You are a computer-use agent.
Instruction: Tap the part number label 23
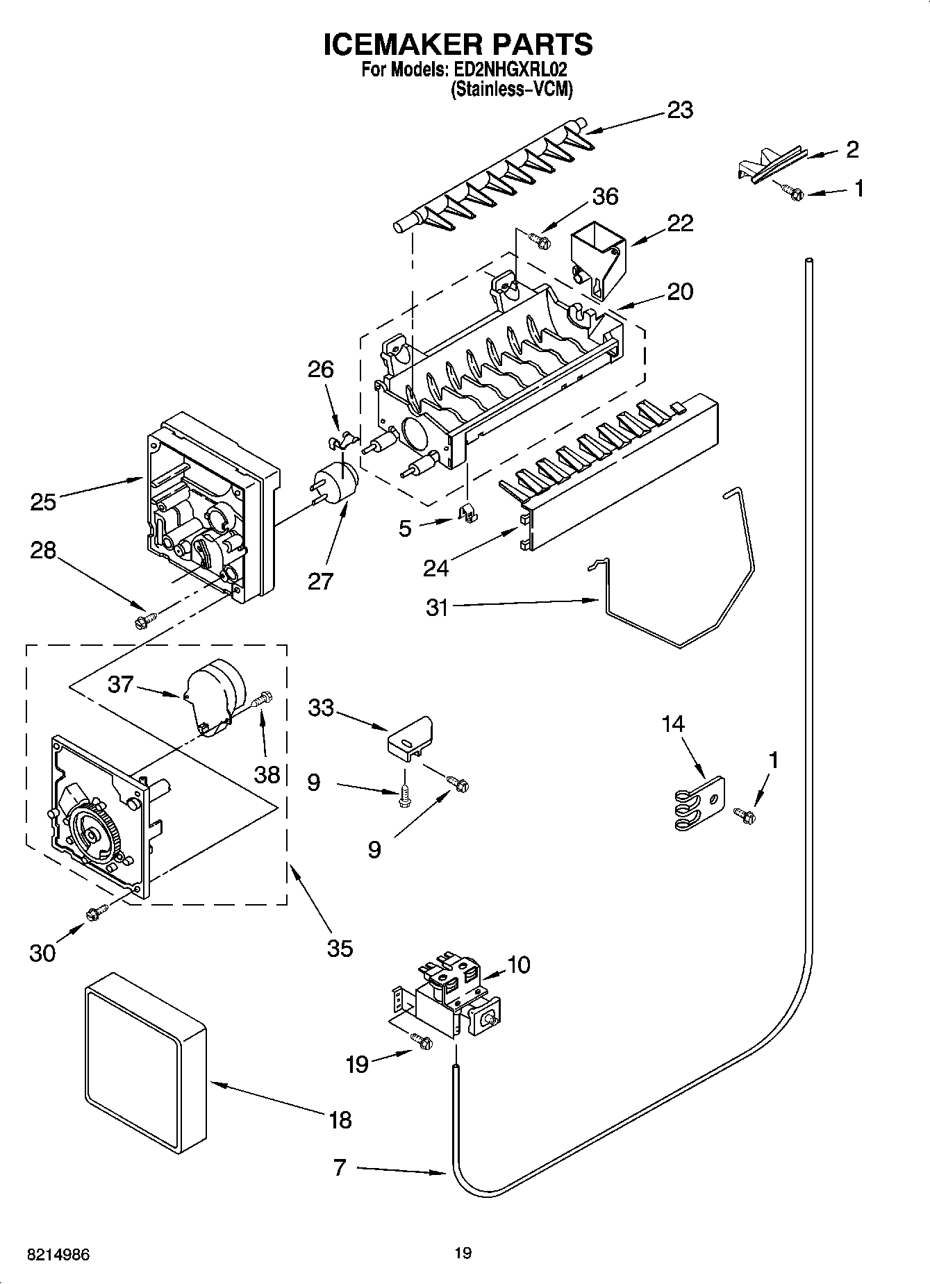(679, 110)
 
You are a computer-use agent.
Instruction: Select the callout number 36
(605, 197)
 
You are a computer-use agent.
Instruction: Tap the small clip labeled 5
(469, 515)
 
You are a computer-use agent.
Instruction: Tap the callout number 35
(340, 949)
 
